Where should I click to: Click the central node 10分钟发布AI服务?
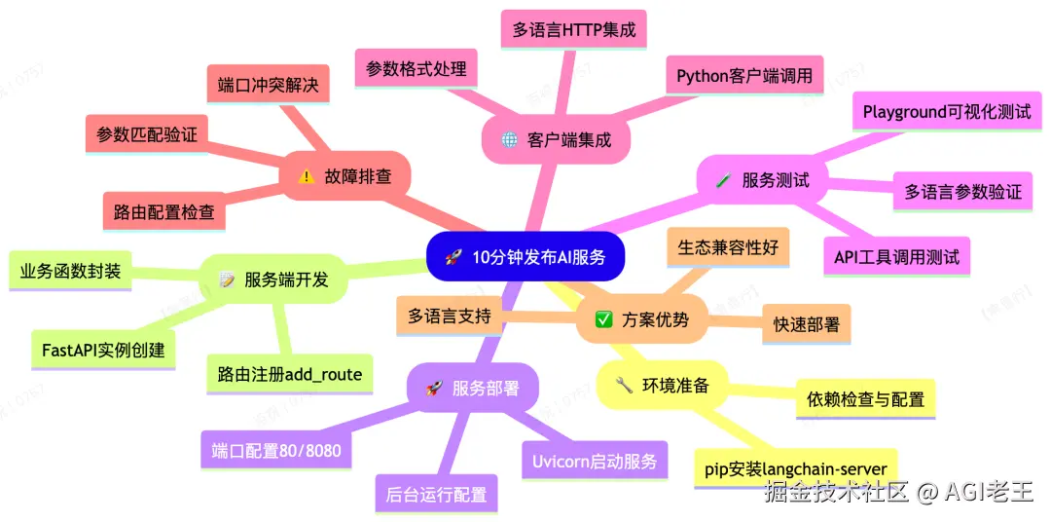pyautogui.click(x=525, y=257)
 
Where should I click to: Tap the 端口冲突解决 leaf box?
pyautogui.click(x=269, y=85)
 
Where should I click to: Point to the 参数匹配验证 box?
pyautogui.click(x=146, y=134)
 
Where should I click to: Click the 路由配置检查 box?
pyautogui.click(x=163, y=210)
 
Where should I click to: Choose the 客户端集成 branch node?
pyautogui.click(x=557, y=139)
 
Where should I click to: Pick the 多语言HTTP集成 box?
pyautogui.click(x=573, y=30)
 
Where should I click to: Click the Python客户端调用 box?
pyautogui.click(x=744, y=75)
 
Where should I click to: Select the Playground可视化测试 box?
pyautogui.click(x=946, y=112)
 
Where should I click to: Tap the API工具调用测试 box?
pyautogui.click(x=896, y=257)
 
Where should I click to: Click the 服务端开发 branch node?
pyautogui.click(x=273, y=280)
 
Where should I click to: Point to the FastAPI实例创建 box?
pyautogui.click(x=103, y=350)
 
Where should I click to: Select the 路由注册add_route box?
pyautogui.click(x=290, y=374)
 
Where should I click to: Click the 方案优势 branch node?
pyautogui.click(x=641, y=319)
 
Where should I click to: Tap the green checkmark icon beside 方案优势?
pyautogui.click(x=603, y=319)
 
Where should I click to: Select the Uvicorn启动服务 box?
pyautogui.click(x=595, y=461)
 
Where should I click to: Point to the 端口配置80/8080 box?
pyautogui.click(x=270, y=451)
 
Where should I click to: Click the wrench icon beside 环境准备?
pyautogui.click(x=625, y=385)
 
